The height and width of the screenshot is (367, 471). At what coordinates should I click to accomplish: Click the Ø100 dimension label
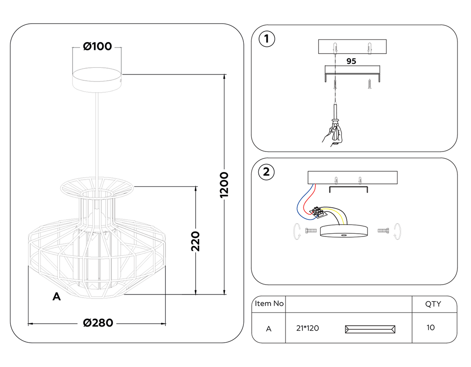click(x=97, y=46)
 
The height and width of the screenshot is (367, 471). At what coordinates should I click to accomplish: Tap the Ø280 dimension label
click(x=98, y=323)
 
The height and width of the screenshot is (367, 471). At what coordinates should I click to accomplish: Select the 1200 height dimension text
click(x=224, y=185)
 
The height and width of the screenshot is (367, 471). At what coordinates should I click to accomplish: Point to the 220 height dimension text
click(x=195, y=241)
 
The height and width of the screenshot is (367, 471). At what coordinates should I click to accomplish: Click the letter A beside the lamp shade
click(x=57, y=297)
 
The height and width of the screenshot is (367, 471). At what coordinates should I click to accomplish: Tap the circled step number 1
click(x=267, y=39)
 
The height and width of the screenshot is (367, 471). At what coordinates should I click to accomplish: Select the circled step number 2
click(x=266, y=172)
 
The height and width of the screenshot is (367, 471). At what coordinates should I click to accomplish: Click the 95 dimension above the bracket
click(x=351, y=61)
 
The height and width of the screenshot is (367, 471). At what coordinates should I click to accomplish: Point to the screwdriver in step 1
click(x=335, y=113)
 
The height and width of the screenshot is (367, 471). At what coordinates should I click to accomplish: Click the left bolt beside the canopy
click(x=311, y=231)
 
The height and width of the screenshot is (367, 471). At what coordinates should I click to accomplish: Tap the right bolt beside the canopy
click(x=383, y=231)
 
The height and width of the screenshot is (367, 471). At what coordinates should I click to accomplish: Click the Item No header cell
click(x=269, y=304)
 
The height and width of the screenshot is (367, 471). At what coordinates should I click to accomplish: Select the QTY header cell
click(x=433, y=304)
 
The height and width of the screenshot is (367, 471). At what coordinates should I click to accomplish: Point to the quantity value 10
click(x=430, y=328)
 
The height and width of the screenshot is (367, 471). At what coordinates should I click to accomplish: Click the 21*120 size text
click(x=307, y=328)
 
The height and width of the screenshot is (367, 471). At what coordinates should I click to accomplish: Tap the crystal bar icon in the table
click(x=370, y=329)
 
